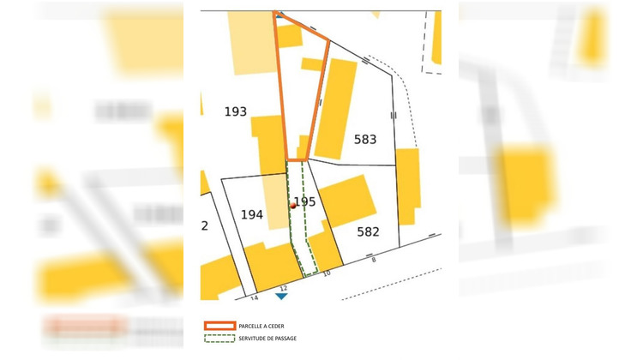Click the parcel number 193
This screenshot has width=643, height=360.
click(x=236, y=111)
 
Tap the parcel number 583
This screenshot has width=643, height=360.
click(x=365, y=139)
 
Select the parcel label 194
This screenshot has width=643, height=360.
click(x=251, y=214)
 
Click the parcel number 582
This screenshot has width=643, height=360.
click(x=368, y=231)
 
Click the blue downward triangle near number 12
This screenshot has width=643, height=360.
click(x=281, y=296)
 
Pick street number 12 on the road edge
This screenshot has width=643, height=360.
click(x=283, y=288)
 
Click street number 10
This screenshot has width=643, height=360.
click(x=326, y=273)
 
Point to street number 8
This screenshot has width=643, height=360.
click(x=374, y=259)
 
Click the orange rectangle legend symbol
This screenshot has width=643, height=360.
click(x=219, y=326)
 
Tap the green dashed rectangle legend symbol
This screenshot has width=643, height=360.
click(x=219, y=339)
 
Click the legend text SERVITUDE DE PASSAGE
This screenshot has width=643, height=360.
click(x=268, y=339)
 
